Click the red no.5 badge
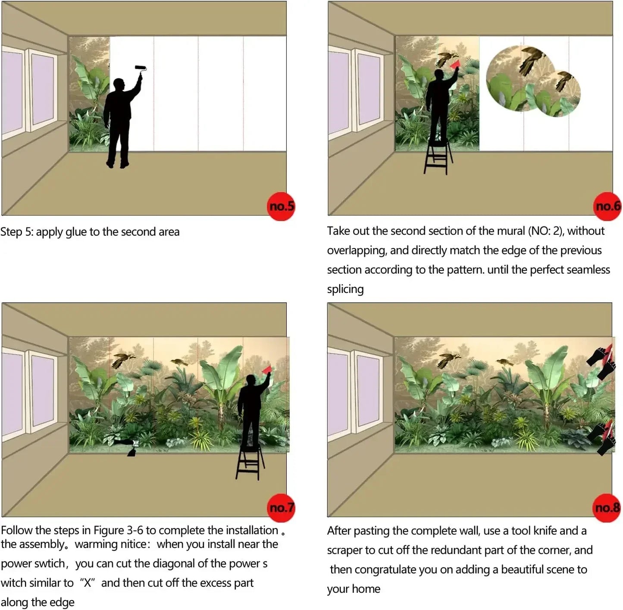pyautogui.click(x=281, y=206)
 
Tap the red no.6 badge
pyautogui.click(x=607, y=206)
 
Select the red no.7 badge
pyautogui.click(x=281, y=508)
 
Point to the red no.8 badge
pyautogui.click(x=607, y=508)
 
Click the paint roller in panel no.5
pyautogui.click(x=141, y=70)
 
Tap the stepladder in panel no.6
pyautogui.click(x=438, y=157)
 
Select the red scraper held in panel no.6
pyautogui.click(x=455, y=64)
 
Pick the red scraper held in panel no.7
pyautogui.click(x=267, y=369)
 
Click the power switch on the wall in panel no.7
pyautogui.click(x=136, y=443)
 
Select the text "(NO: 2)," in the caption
pyautogui.click(x=546, y=231)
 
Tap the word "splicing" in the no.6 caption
pyautogui.click(x=345, y=289)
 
